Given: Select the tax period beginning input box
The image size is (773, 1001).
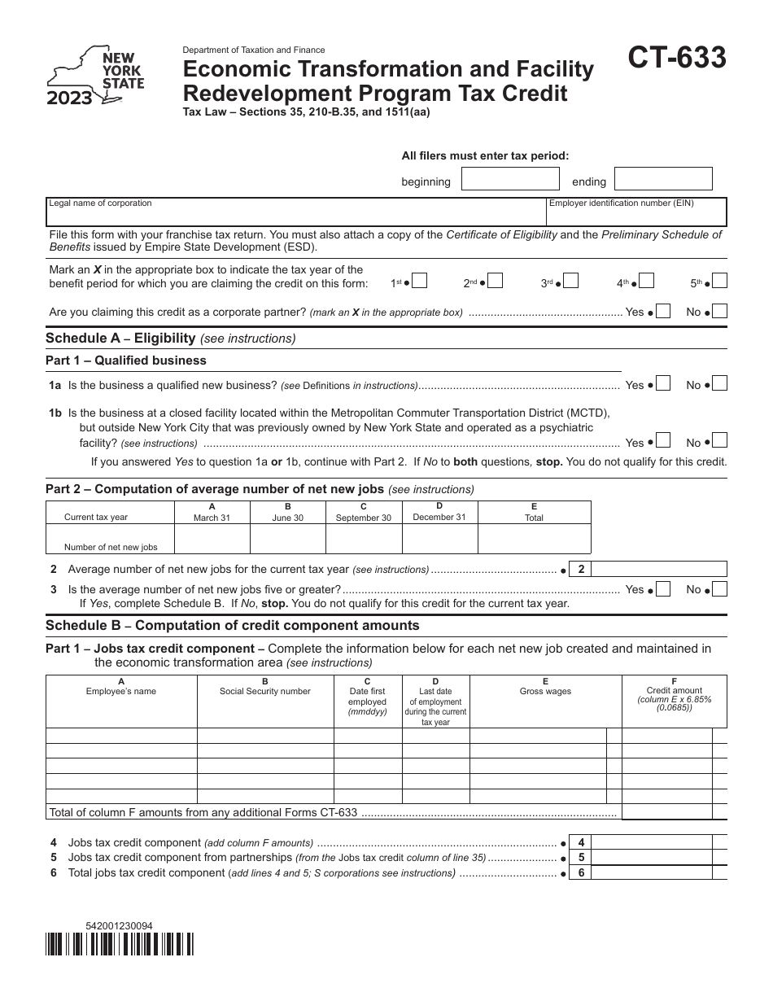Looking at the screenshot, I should point(510,179).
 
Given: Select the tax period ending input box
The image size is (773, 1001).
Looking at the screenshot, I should point(663,179).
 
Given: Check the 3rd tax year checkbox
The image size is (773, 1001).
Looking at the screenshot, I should point(570,282).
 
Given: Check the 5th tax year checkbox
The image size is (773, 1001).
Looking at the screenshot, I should point(719,282).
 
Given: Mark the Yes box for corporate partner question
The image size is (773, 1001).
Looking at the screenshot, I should point(663,311).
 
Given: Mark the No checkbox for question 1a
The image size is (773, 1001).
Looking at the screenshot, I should point(719,384).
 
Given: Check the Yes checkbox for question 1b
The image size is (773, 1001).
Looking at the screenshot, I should point(663,441).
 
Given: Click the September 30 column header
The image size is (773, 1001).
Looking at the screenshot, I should point(363,513).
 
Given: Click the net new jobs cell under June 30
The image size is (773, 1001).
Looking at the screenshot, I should point(287,539).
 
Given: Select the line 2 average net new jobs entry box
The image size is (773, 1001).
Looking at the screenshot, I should point(661,569).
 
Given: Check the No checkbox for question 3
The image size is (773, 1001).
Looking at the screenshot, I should point(719,588).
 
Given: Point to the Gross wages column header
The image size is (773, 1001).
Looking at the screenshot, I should point(545,691).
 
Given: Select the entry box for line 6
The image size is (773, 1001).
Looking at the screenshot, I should point(661,872).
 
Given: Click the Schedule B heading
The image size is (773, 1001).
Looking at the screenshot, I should point(233,626).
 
